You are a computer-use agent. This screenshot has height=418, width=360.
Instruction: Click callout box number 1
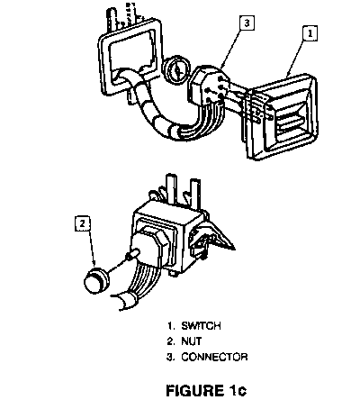(310, 33)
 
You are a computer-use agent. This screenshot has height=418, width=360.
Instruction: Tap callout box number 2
(83, 223)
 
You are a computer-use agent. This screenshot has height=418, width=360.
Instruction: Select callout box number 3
(247, 23)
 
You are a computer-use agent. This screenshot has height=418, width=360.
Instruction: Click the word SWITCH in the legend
(201, 326)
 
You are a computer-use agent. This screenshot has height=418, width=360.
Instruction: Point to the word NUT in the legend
(192, 341)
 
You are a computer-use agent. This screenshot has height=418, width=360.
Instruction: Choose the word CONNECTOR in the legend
(214, 357)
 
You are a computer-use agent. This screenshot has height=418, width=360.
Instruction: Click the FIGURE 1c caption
(206, 391)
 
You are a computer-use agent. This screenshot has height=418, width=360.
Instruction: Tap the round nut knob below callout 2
(96, 280)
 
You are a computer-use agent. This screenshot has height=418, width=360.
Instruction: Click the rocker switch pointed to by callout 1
(282, 116)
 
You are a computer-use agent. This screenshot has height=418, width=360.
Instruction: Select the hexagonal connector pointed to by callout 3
(207, 86)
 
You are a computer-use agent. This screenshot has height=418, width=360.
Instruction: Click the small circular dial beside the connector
(176, 70)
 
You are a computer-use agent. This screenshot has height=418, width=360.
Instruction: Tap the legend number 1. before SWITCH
(171, 326)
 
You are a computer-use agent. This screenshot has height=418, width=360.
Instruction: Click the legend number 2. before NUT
(171, 341)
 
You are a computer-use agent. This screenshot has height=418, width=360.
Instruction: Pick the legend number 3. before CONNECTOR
(171, 357)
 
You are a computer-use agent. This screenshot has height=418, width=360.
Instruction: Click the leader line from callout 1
(297, 59)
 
